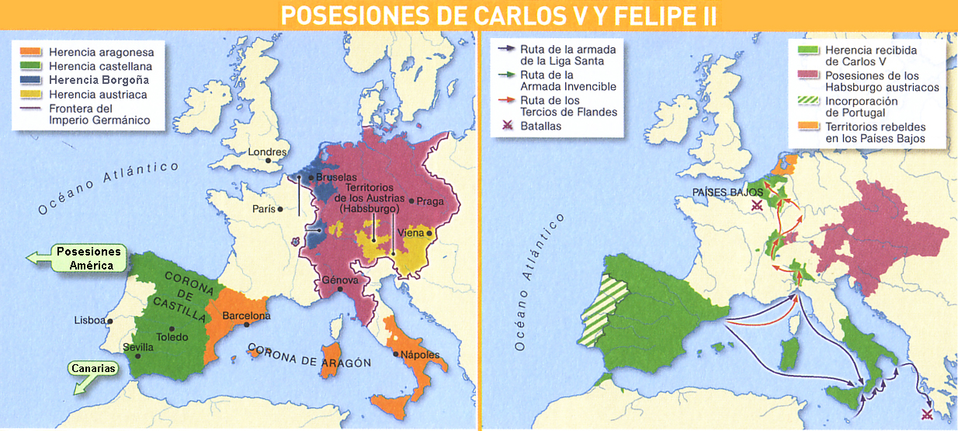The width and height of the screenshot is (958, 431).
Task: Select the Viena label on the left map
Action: click(x=411, y=233)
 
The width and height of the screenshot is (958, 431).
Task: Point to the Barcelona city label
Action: click(x=246, y=316)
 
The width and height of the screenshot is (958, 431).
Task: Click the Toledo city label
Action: click(x=172, y=338)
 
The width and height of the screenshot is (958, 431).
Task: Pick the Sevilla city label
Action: click(x=138, y=347)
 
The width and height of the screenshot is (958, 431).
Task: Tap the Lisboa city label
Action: click(x=89, y=320)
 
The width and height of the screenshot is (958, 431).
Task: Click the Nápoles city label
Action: click(x=421, y=355)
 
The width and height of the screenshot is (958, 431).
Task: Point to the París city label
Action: click(x=263, y=208)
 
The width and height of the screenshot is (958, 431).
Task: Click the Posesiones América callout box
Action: click(x=89, y=259)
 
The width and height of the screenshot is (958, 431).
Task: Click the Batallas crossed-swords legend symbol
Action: click(x=507, y=126)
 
